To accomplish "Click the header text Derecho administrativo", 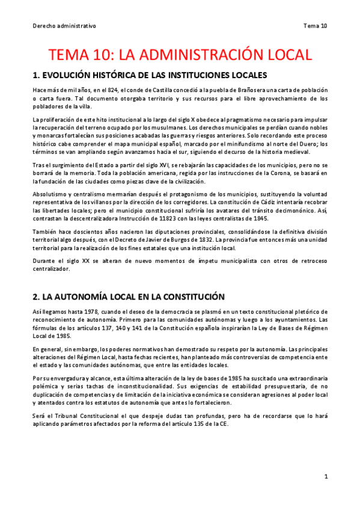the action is coord(64,26).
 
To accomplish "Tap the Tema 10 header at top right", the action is coord(316,26).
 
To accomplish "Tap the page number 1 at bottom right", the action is coord(325,476).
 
